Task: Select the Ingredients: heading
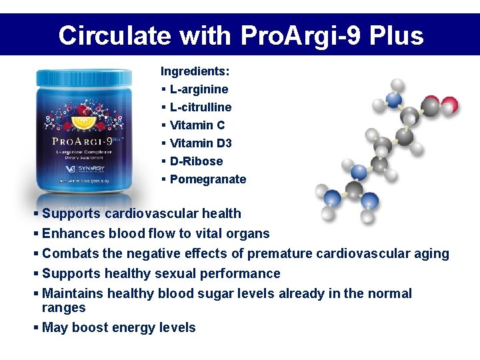point(195,71)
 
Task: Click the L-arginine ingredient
point(199,89)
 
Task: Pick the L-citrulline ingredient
point(201,107)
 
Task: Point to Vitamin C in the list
point(197,125)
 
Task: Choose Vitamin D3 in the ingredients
point(201,143)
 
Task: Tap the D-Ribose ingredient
point(196,161)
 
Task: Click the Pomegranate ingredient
point(208,179)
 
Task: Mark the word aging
point(431,254)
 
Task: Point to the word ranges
point(64,308)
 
